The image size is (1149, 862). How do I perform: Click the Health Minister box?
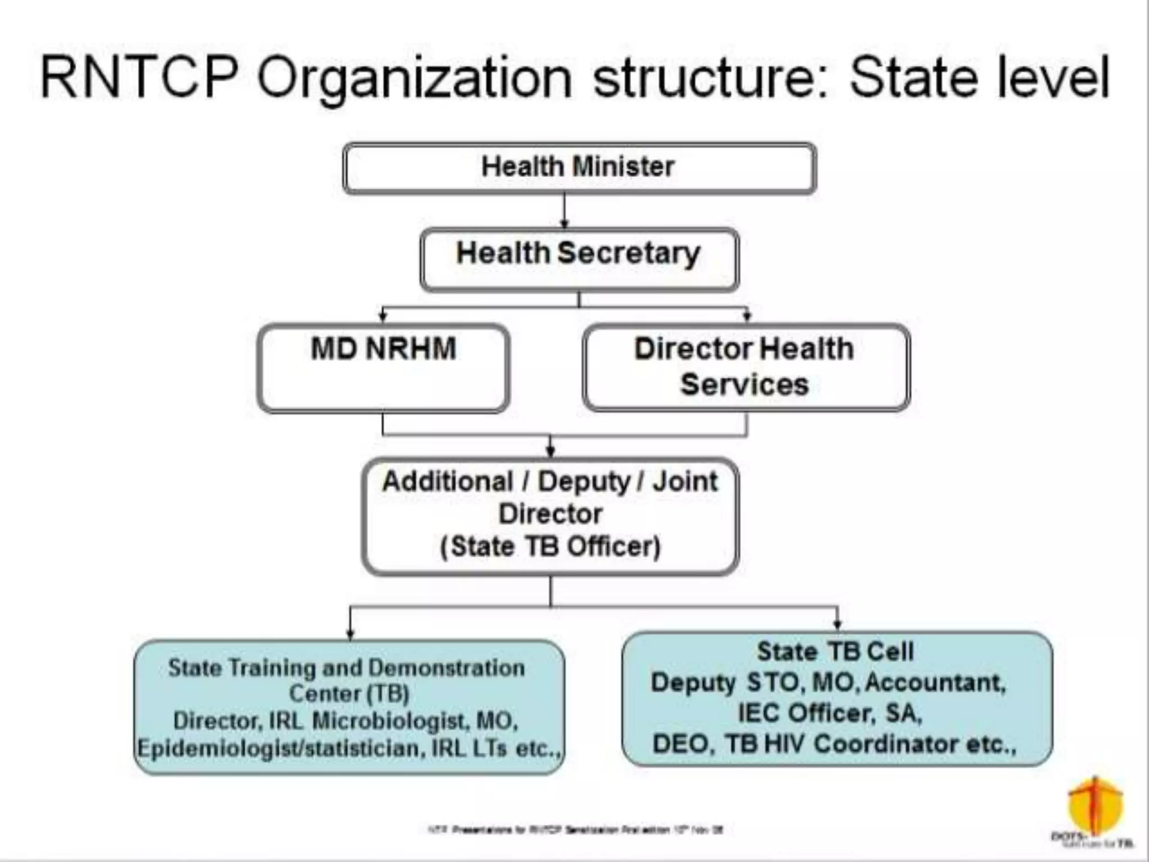coord(579,168)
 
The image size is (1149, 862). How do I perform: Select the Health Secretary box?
coord(579,259)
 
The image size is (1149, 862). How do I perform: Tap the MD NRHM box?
coord(383,368)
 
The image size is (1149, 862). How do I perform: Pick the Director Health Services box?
coord(746,368)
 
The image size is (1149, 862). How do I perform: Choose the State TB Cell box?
coord(837,699)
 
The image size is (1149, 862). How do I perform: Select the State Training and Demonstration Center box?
coord(349,707)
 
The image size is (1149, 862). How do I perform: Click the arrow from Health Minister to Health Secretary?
coord(564,211)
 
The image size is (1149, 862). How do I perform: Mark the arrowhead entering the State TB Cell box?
coord(838,625)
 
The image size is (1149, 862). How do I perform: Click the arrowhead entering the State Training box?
coord(350,634)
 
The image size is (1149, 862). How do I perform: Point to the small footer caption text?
coord(575,829)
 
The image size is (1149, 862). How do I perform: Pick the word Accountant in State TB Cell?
coord(935,683)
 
